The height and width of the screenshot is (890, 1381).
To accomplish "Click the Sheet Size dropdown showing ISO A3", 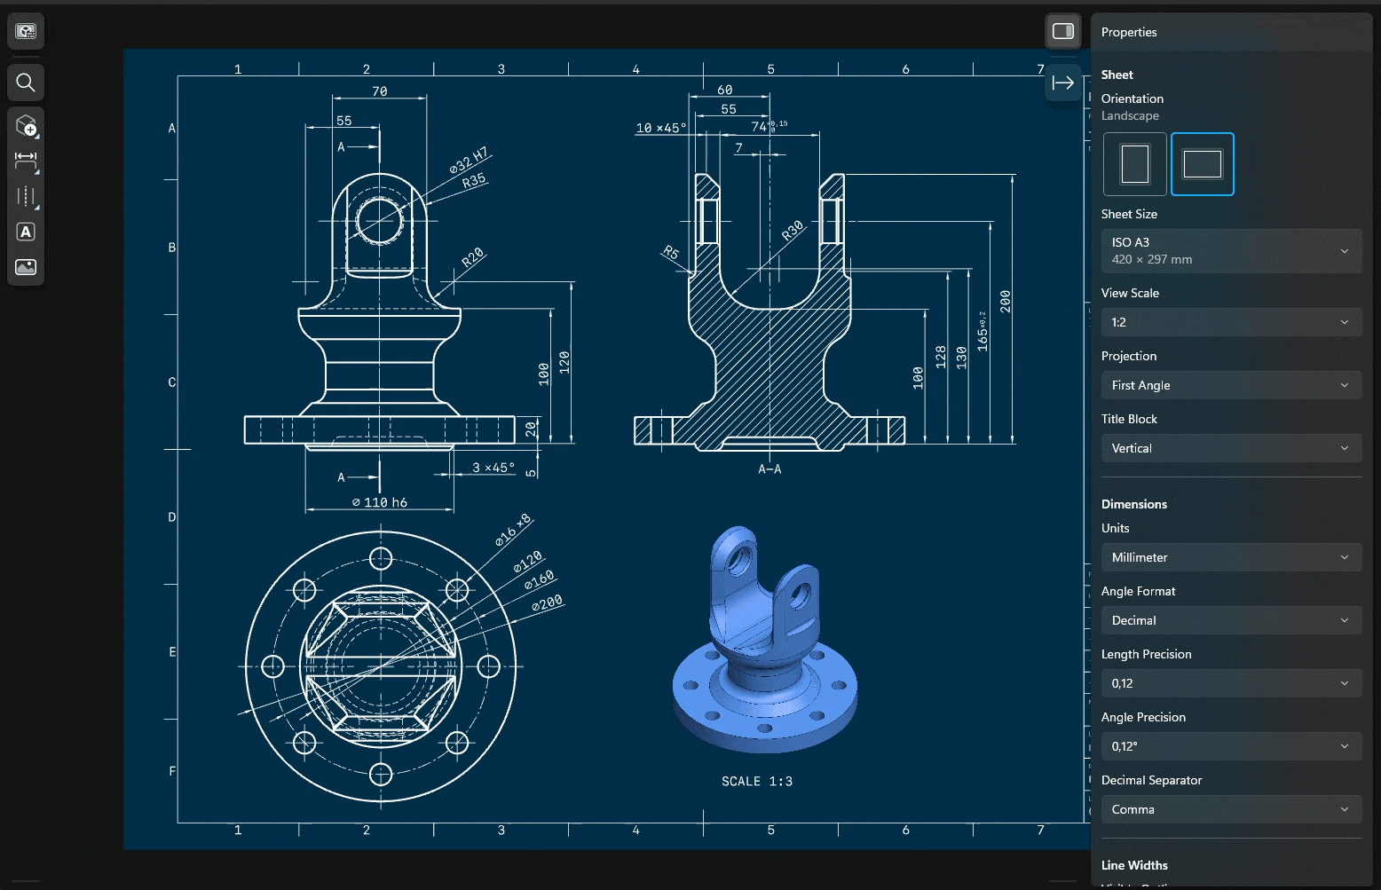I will coord(1230,251).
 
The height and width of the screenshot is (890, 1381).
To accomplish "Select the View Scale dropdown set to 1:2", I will coord(1230,322).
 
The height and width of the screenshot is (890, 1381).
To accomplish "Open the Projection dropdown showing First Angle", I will coord(1230,385).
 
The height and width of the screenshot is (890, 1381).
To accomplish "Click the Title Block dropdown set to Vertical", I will coord(1230,448).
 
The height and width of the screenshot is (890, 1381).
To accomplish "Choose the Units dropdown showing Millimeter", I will coord(1230,557).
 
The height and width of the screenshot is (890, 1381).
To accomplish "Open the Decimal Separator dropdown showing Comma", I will coord(1230,809).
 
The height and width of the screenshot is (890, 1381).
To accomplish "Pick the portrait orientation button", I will coord(1134,164).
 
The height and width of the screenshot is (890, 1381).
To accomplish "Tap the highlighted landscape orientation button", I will coord(1202,164).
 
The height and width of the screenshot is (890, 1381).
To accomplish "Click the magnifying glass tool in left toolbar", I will coord(26,83).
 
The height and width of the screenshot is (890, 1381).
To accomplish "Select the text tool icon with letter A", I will coord(26,232).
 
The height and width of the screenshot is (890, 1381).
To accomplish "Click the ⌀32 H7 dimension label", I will coord(469,161).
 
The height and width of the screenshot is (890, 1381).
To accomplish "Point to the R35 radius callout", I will coord(474,181).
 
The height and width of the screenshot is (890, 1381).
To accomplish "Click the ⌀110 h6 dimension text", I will coord(379,502).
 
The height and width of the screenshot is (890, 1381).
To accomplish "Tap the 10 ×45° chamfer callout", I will coord(660,128).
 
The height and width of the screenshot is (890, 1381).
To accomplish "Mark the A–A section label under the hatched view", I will coord(769,469).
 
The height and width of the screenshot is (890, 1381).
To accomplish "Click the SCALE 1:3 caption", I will coord(756,781).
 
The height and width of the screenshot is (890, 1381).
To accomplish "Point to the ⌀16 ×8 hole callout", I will coord(512,531).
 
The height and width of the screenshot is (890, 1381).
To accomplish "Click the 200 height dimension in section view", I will coord(1005,301).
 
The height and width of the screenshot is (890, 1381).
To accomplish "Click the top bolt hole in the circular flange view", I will coord(381,558).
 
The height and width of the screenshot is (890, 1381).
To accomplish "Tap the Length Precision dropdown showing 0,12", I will coord(1230,683).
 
